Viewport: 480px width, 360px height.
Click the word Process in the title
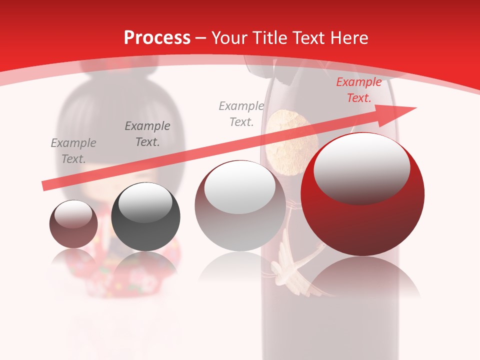[x=157, y=38]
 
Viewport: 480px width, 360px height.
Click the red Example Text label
[x=358, y=90]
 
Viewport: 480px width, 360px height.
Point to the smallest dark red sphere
[x=73, y=224]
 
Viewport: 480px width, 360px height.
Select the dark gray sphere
[x=145, y=216]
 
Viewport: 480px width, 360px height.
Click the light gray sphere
[x=240, y=205]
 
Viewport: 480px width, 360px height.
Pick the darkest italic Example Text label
[x=147, y=133]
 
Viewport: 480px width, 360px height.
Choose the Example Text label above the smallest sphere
[x=73, y=150]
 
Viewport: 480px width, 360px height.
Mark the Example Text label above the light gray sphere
[x=241, y=113]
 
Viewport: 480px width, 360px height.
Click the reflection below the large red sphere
[x=362, y=277]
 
